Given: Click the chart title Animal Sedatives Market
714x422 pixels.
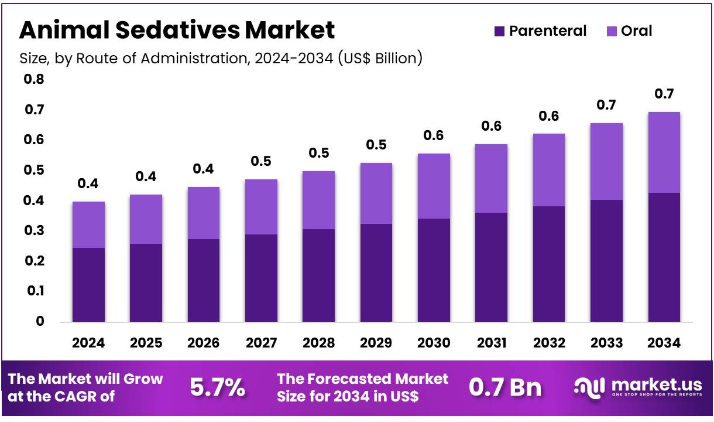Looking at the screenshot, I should coord(177,30).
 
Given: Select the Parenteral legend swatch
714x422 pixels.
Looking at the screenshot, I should coord(499,31).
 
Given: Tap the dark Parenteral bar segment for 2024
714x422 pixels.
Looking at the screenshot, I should coord(88,284).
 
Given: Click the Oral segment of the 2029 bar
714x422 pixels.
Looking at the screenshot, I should coord(376,193).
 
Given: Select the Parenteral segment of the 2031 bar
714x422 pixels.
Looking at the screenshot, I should coord(490,267).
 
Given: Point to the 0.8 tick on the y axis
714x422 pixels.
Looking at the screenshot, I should coord(34,79).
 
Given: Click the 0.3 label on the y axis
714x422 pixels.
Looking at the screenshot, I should coord(34,231).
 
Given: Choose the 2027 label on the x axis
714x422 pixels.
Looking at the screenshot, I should coord(260,343).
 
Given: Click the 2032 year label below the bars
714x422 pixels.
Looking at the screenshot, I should coord(548,343).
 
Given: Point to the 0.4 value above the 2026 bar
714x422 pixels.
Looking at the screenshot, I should coord(203,169).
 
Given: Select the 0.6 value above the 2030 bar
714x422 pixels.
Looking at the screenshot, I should coord(433,135).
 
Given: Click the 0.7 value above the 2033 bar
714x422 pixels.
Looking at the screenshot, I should coord(606,105).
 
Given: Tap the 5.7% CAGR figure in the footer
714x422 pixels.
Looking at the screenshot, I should coord(217,388).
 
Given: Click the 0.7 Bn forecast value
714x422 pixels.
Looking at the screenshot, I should coord(505,388).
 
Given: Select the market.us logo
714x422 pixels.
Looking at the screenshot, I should coord(638,387).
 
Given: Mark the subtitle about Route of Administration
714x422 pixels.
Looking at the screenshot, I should coord(221,58).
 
